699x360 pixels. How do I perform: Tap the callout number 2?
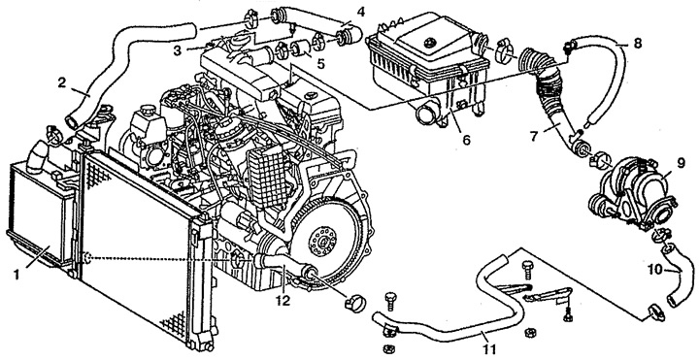point(62,82)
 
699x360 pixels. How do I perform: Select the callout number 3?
point(178,51)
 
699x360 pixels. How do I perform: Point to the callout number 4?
point(360,12)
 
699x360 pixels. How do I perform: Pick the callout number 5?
point(320,63)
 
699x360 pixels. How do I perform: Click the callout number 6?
point(466,140)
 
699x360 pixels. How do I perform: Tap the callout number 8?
point(638,45)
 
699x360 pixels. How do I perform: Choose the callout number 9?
point(681,164)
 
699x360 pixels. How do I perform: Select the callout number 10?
point(656,270)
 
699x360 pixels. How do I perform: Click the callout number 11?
point(489,349)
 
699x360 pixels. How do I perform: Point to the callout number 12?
point(283,300)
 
